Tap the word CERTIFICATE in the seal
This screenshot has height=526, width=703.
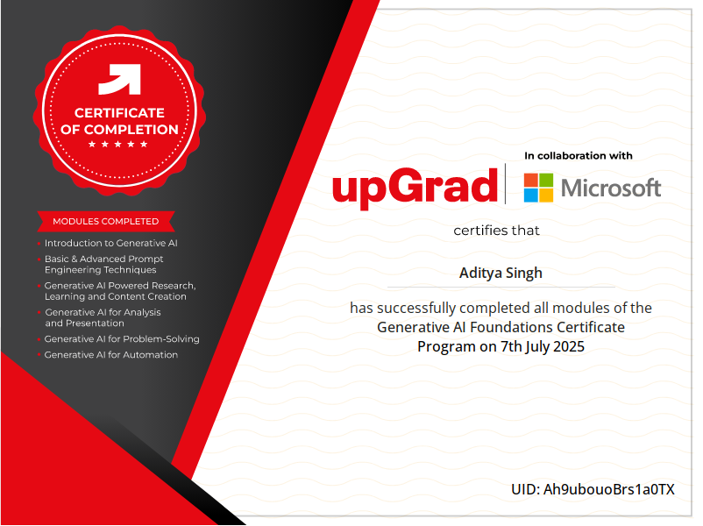(x=119, y=112)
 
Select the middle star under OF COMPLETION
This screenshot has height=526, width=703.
(x=118, y=144)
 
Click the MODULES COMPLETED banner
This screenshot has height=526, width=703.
(x=106, y=221)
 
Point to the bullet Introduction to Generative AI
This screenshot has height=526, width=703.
(x=110, y=243)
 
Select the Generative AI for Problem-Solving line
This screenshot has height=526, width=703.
(x=122, y=339)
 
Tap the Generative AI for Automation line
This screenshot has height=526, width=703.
(x=111, y=355)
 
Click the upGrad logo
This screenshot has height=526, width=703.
(x=415, y=188)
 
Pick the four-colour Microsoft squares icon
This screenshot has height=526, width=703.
(x=538, y=188)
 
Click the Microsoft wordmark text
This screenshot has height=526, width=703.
(x=611, y=188)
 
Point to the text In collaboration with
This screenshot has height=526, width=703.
(x=579, y=155)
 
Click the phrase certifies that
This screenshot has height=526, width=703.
(x=496, y=231)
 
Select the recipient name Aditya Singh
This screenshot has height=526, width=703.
(x=501, y=273)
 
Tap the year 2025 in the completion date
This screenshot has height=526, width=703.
(x=569, y=346)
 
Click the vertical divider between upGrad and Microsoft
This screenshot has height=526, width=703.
(x=505, y=184)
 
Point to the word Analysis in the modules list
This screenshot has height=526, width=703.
(x=142, y=312)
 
